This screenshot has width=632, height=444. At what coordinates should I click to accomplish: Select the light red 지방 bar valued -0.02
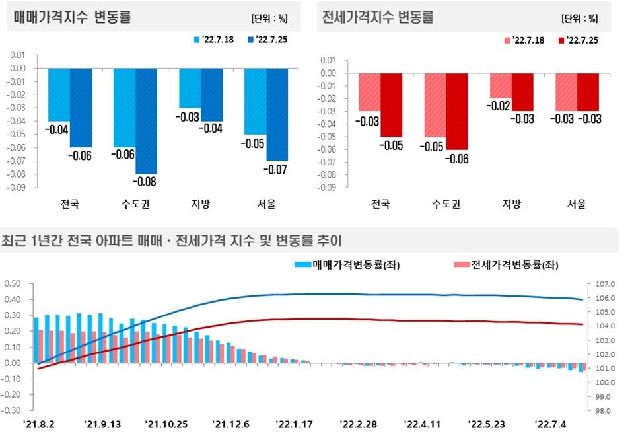coord(500,85)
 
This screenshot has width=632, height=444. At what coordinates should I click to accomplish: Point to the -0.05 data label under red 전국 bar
coord(391,145)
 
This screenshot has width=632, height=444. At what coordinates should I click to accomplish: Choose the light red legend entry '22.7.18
coord(525,40)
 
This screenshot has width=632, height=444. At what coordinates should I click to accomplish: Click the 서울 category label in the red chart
coord(577,203)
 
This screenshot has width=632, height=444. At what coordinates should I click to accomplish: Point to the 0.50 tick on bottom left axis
coord(13,283)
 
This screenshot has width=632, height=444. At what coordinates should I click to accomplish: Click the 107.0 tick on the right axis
coord(605,283)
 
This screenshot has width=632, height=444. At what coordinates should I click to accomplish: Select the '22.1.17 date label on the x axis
coord(294,424)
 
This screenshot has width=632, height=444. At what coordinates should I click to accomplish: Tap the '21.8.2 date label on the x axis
coord(39,424)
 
